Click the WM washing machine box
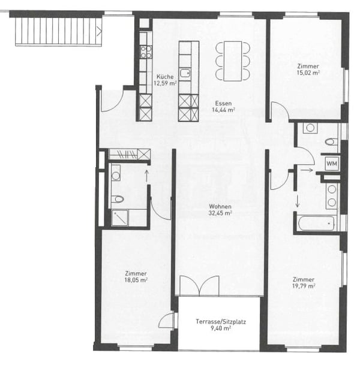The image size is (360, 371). coord(331,162)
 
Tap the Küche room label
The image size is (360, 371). coord(165,77)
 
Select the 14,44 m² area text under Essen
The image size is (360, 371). coord(223,110)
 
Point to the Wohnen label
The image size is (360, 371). coord(220,206)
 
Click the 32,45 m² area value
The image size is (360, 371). coord(220,213)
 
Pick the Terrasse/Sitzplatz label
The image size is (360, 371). coord(220,322)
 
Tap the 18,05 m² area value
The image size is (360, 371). coord(136,279)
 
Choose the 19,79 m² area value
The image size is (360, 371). coord(304,286)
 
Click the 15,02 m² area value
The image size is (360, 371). coord(308,73)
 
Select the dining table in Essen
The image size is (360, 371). coord(232,60)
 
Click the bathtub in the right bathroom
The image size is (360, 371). coord(316,224)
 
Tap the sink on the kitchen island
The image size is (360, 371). coord(185,73)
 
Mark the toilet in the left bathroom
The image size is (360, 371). coord(118,198)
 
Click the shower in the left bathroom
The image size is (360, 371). coord(120,218)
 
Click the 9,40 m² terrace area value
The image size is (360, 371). coord(220,329)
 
